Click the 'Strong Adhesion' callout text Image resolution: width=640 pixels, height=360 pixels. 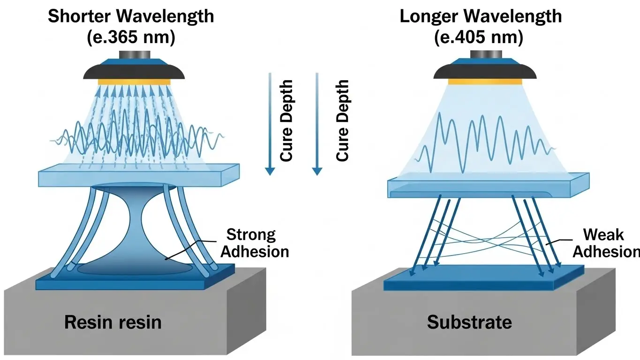point(254,243)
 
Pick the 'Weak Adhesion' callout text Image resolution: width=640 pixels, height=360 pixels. point(605,243)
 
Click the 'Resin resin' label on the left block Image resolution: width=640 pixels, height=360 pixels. point(113,322)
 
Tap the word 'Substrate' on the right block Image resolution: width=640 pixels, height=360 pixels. point(469,322)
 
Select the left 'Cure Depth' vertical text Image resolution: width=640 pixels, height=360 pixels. point(286,120)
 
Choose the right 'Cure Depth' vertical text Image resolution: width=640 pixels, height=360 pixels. point(343,120)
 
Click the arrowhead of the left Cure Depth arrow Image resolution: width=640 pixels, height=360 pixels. point(269,171)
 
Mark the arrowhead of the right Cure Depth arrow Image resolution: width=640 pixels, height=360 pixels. point(317,171)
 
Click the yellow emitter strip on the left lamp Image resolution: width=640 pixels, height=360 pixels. point(133,82)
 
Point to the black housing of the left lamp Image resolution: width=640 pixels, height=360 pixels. point(133,72)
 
